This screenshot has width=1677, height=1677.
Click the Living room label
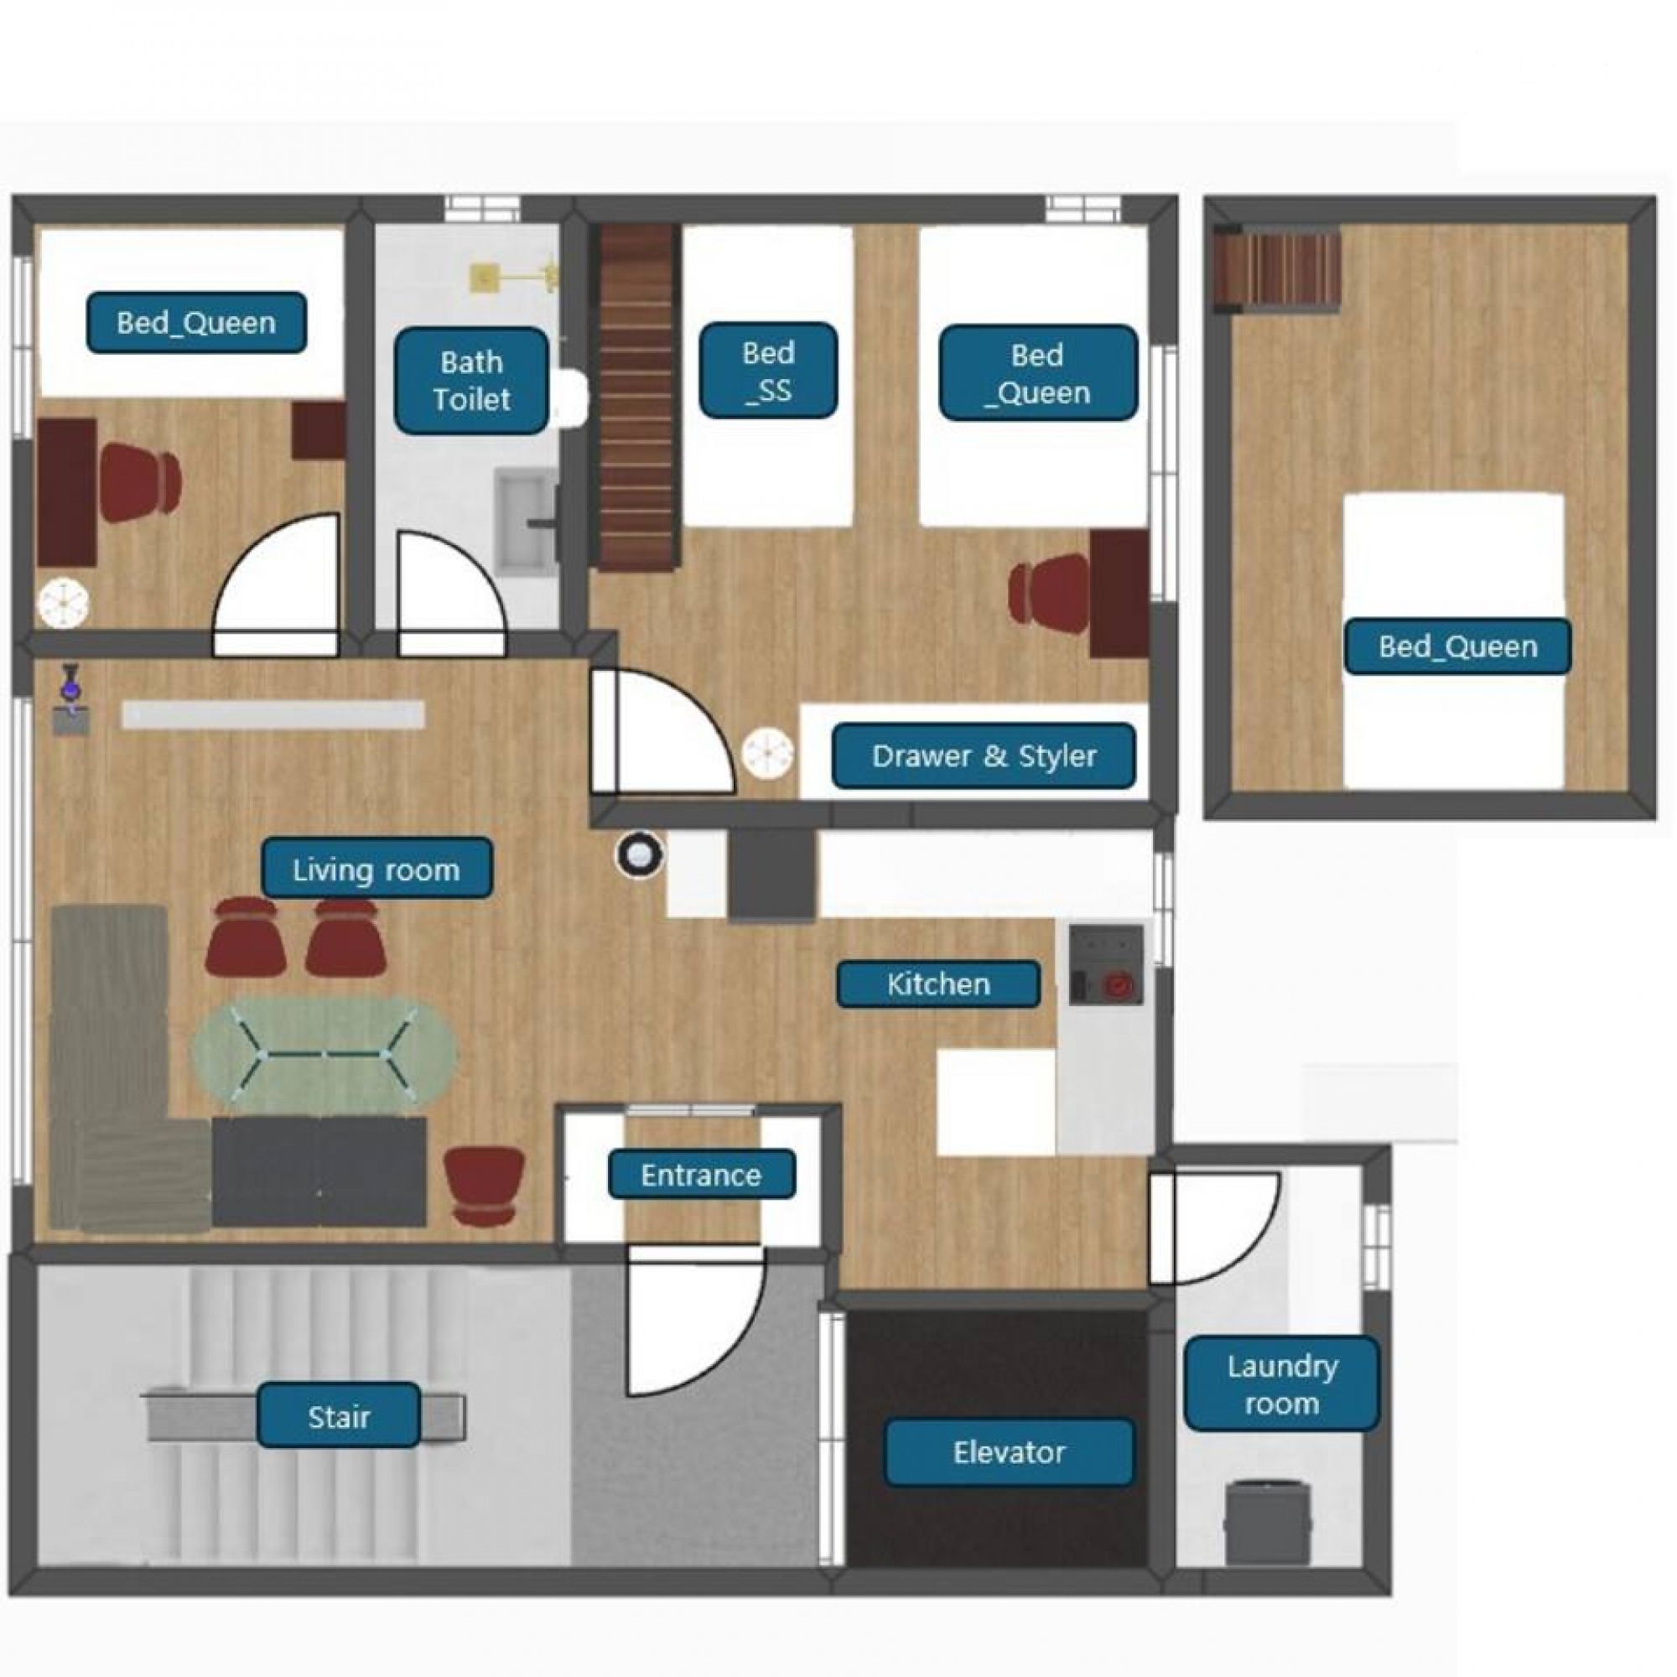376,868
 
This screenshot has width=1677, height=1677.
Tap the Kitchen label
937,984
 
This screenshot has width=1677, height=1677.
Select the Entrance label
700,1175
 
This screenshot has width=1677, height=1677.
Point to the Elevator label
1009,1452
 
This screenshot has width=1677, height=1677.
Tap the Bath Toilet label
471,380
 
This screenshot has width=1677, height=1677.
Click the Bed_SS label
768,371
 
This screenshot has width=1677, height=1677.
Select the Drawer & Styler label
984,755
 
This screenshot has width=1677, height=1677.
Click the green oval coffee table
324,1055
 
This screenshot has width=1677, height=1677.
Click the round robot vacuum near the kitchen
640,856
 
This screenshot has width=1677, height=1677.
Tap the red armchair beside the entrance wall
483,1186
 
